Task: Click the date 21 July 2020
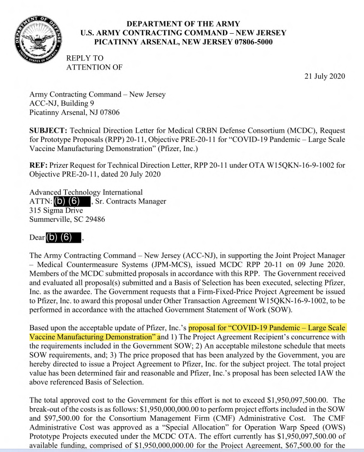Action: [x=324, y=76]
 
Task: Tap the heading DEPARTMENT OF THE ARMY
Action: [x=183, y=24]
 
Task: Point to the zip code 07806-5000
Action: [x=254, y=42]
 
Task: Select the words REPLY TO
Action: [x=85, y=58]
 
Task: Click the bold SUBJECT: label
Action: [x=48, y=131]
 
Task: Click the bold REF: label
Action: [x=39, y=165]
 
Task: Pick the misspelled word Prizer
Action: [x=60, y=165]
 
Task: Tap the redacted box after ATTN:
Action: [x=72, y=201]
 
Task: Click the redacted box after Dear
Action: [x=63, y=237]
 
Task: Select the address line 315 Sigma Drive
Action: [x=56, y=210]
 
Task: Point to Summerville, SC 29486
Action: [x=67, y=219]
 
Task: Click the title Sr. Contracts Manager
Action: [x=131, y=201]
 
